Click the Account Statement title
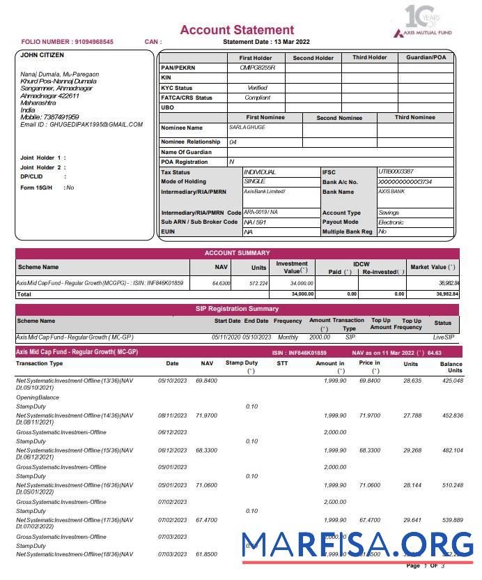(237, 30)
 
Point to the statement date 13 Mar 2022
(292, 42)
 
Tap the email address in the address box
(81, 125)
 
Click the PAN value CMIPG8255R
(257, 68)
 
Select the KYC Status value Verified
(257, 88)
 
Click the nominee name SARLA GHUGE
(247, 128)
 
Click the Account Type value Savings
(389, 213)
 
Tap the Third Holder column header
(369, 58)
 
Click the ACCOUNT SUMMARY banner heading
(237, 253)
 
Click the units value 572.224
(258, 284)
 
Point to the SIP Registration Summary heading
(237, 309)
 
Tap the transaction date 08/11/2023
(172, 415)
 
